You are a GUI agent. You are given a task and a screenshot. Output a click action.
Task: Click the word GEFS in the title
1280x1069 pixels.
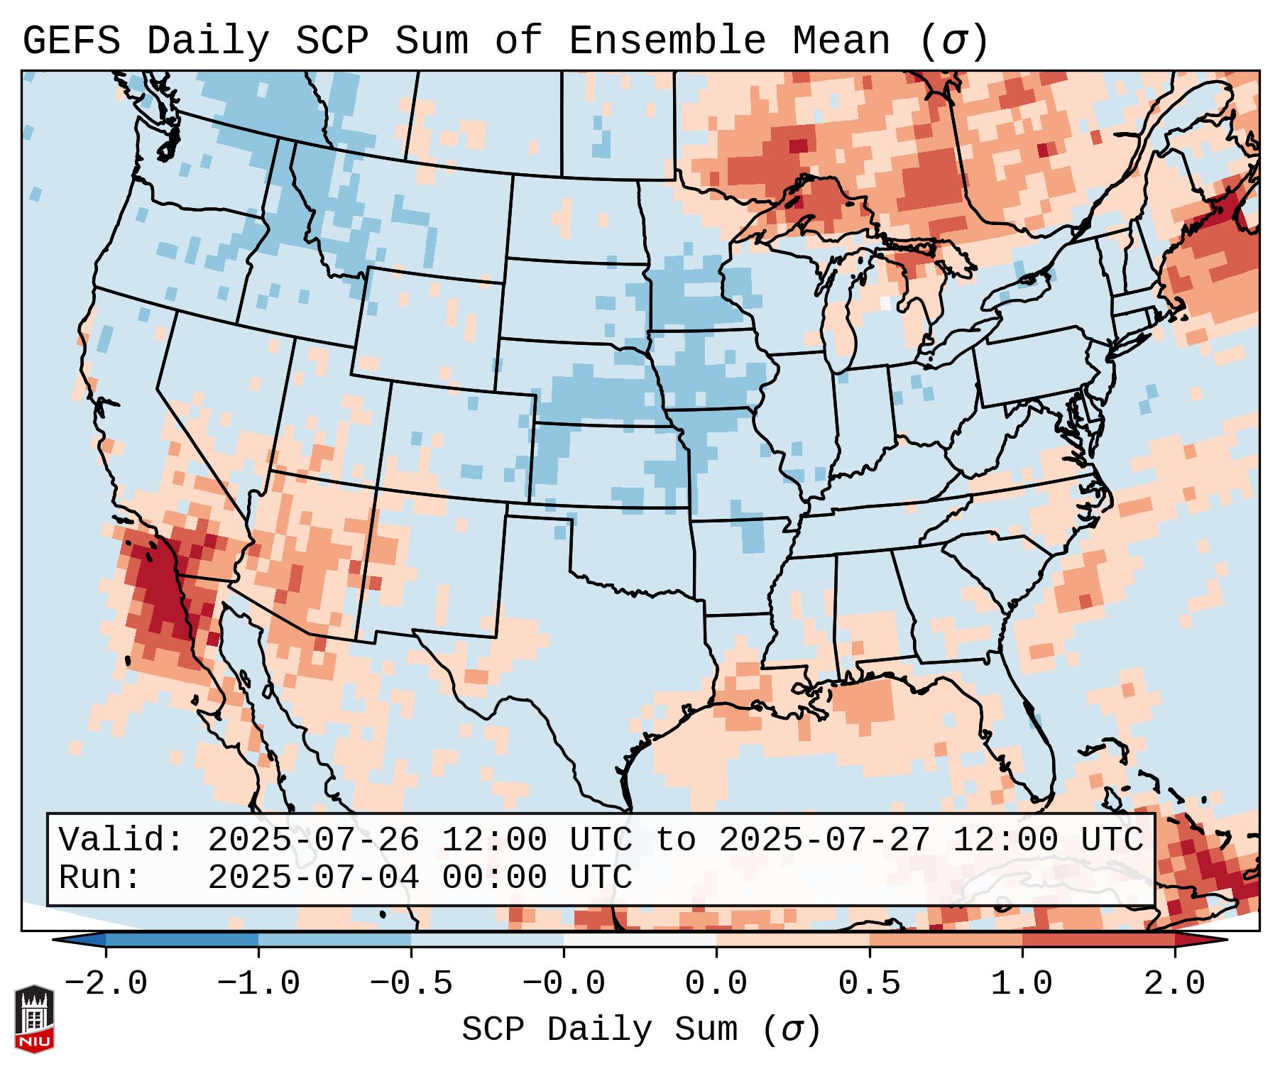[71, 41]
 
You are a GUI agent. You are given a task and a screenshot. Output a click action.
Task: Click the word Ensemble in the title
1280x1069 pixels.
[667, 41]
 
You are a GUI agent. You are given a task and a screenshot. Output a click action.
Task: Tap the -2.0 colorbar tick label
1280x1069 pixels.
[106, 983]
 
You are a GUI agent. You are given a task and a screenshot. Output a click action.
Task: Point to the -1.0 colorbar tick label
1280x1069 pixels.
[258, 983]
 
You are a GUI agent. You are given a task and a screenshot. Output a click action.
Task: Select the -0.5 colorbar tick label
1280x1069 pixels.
[411, 983]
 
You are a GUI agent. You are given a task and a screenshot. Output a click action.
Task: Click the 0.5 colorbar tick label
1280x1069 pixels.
[870, 983]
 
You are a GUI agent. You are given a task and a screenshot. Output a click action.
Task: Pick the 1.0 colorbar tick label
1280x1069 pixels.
[1022, 983]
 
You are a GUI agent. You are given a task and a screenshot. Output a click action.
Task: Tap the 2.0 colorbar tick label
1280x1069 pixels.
[1175, 983]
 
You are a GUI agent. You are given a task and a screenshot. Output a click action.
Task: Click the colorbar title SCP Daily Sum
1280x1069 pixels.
[599, 1030]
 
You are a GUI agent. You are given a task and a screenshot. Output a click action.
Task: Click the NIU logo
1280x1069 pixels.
[34, 1018]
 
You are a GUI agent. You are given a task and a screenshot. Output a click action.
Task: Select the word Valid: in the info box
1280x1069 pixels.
[121, 840]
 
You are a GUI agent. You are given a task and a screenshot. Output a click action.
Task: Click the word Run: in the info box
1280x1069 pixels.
[100, 877]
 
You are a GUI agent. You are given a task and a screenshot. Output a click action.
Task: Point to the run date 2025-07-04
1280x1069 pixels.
[313, 877]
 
